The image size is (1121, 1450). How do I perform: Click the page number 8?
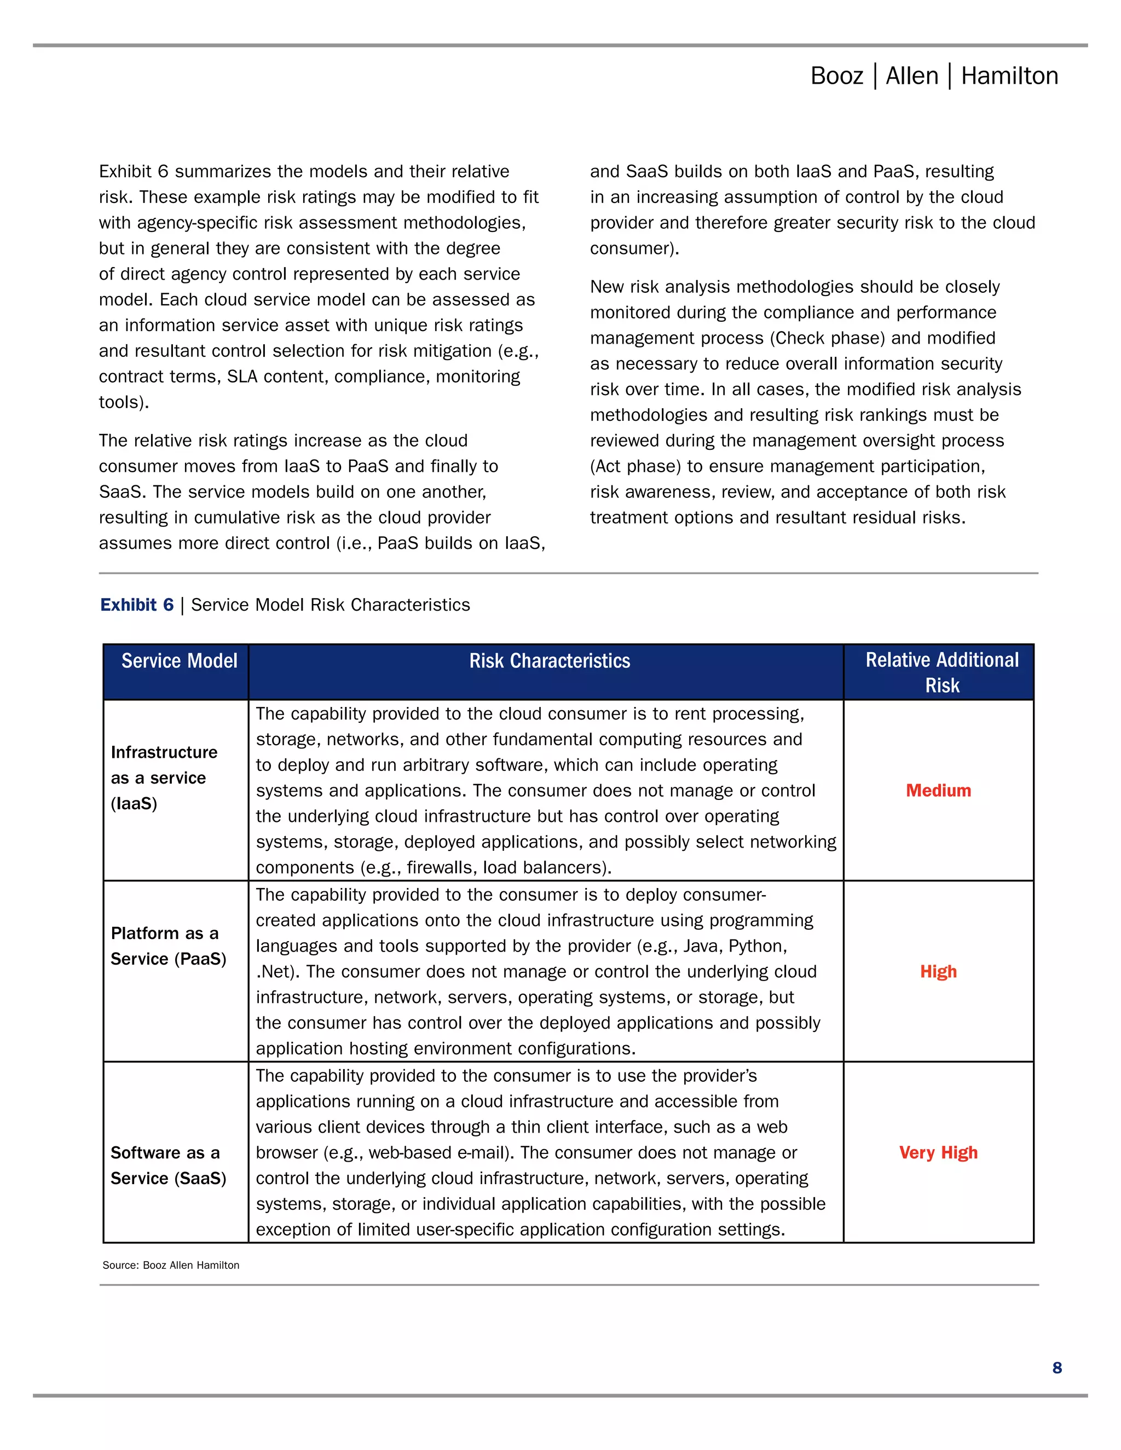click(x=1056, y=1368)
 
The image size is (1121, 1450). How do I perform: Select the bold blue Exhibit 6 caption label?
click(x=137, y=605)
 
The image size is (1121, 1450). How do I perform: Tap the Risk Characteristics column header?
click(x=549, y=662)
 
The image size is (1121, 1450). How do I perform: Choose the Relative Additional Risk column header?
click(x=941, y=672)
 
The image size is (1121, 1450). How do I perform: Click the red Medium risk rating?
click(x=938, y=791)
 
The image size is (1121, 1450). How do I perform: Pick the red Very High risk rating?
click(x=938, y=1152)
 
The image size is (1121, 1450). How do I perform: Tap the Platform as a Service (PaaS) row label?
click(x=167, y=946)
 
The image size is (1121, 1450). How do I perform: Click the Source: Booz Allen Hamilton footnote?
click(x=171, y=1266)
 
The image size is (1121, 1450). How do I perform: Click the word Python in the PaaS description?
click(x=757, y=946)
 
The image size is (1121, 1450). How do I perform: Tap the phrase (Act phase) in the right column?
click(x=635, y=467)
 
